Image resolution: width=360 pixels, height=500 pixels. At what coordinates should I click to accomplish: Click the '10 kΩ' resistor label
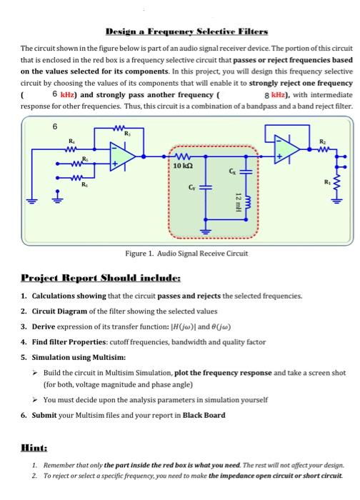[181, 166]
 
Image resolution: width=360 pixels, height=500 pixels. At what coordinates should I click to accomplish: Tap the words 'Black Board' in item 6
[204, 415]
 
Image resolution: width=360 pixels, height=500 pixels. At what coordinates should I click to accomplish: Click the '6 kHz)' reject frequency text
[64, 94]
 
